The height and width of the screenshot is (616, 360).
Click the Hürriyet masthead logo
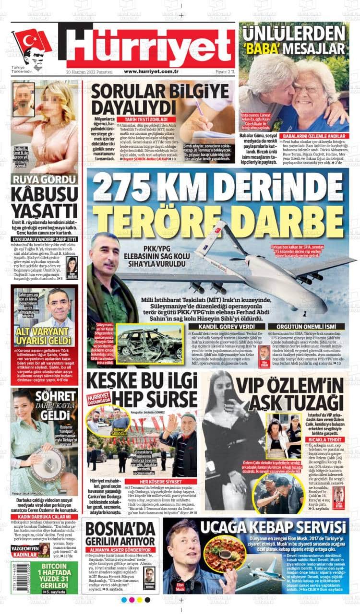pyautogui.click(x=149, y=47)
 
